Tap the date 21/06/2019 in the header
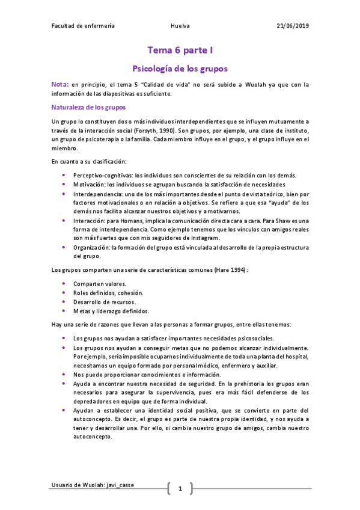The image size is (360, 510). tap(293, 26)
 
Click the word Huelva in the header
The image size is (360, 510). tap(180, 26)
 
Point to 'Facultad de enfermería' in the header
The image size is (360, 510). tap(83, 26)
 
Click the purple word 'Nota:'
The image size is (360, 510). tap(61, 84)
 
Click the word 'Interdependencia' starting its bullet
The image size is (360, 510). tap(97, 194)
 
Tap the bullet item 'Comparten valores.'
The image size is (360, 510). tap(100, 283)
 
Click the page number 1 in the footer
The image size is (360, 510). tap(180, 488)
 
